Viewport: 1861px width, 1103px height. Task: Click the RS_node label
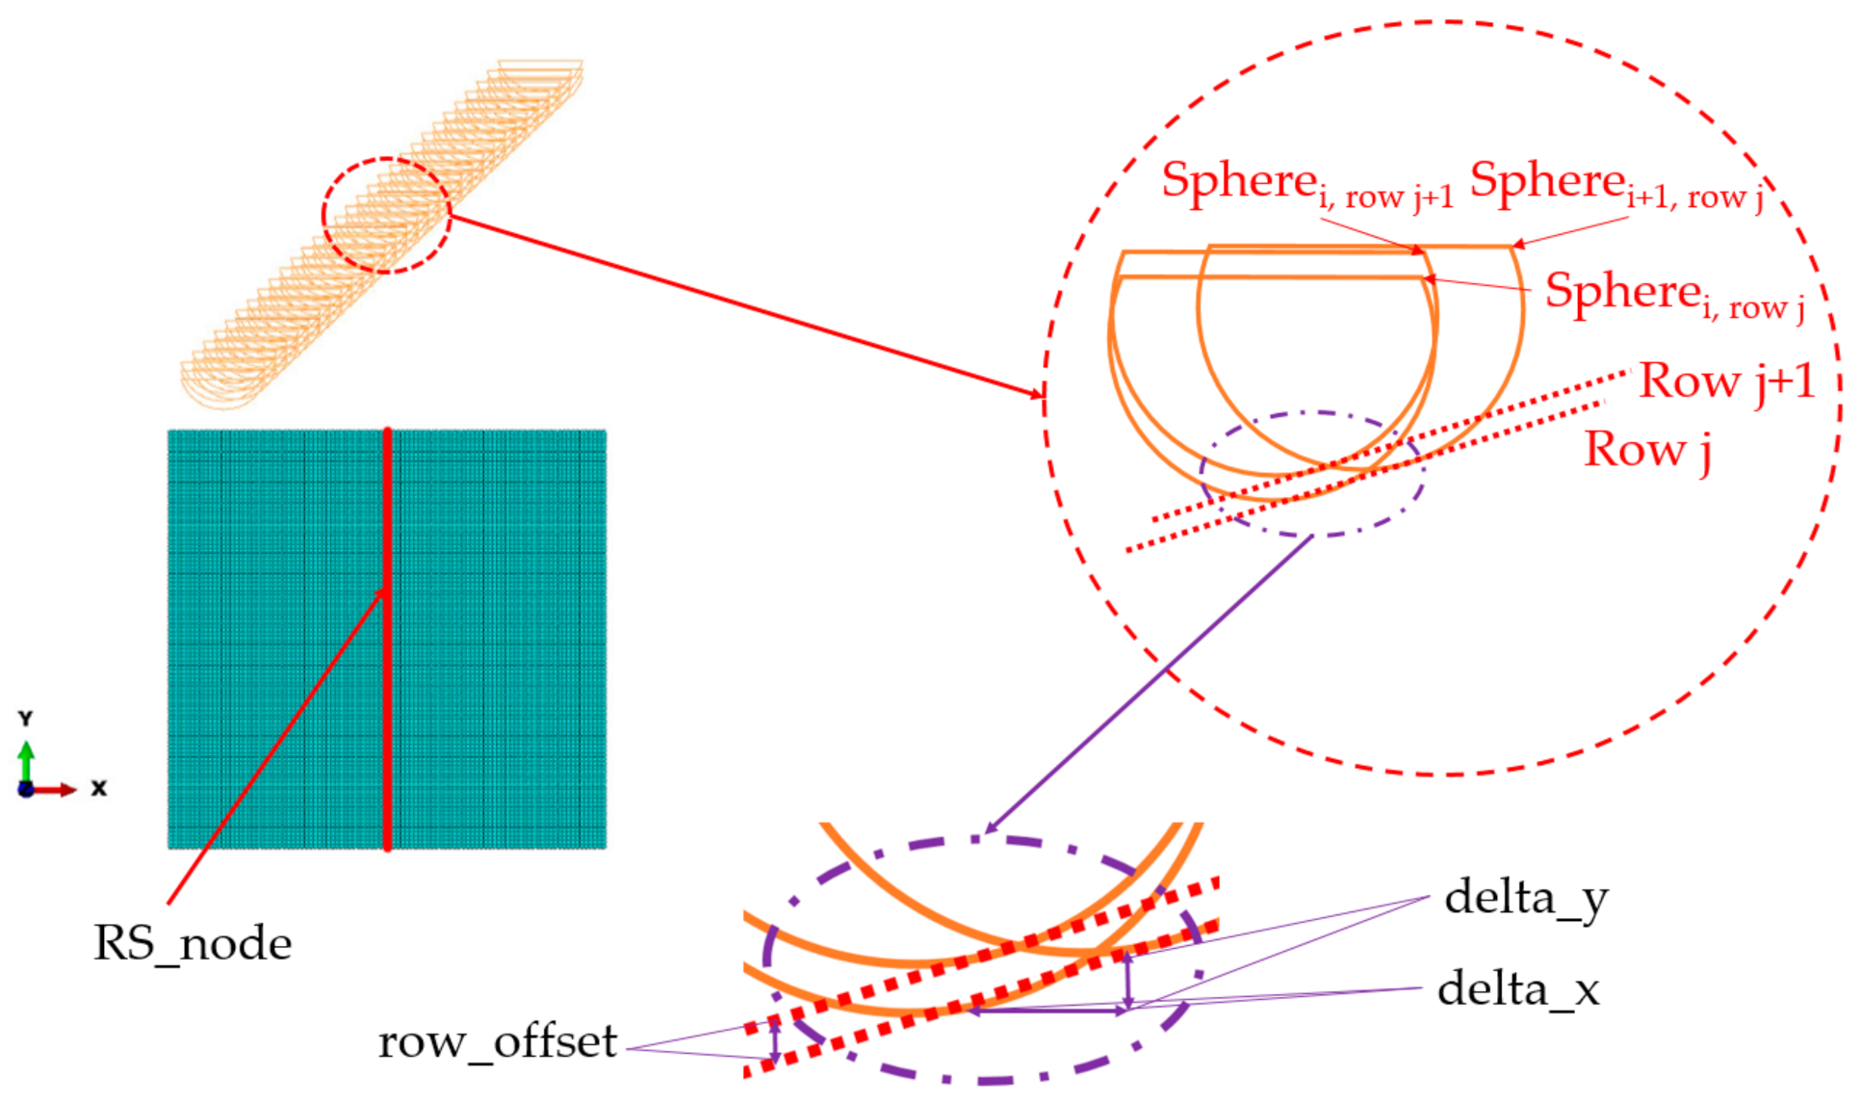coord(192,943)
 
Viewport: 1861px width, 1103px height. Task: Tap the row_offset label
coord(497,1042)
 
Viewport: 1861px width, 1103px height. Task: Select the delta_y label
coord(1526,899)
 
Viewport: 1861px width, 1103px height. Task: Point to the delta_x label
coord(1518,989)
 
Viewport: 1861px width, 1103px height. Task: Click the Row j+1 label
coord(1727,381)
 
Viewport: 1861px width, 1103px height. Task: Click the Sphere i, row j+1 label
coord(1306,184)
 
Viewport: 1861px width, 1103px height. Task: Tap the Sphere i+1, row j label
coord(1616,184)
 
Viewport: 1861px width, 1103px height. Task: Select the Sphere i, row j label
coord(1674,295)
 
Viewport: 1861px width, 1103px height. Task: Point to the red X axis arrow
coord(56,790)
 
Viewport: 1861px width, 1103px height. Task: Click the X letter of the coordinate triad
coord(98,788)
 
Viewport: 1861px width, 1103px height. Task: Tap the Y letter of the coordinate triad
coord(26,719)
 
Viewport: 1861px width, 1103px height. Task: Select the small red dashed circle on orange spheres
coord(323,216)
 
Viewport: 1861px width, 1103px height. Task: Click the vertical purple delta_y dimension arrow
coord(1128,981)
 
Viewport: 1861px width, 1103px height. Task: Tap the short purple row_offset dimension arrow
coord(774,1042)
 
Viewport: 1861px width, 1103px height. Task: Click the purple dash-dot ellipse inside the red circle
coord(1203,472)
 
